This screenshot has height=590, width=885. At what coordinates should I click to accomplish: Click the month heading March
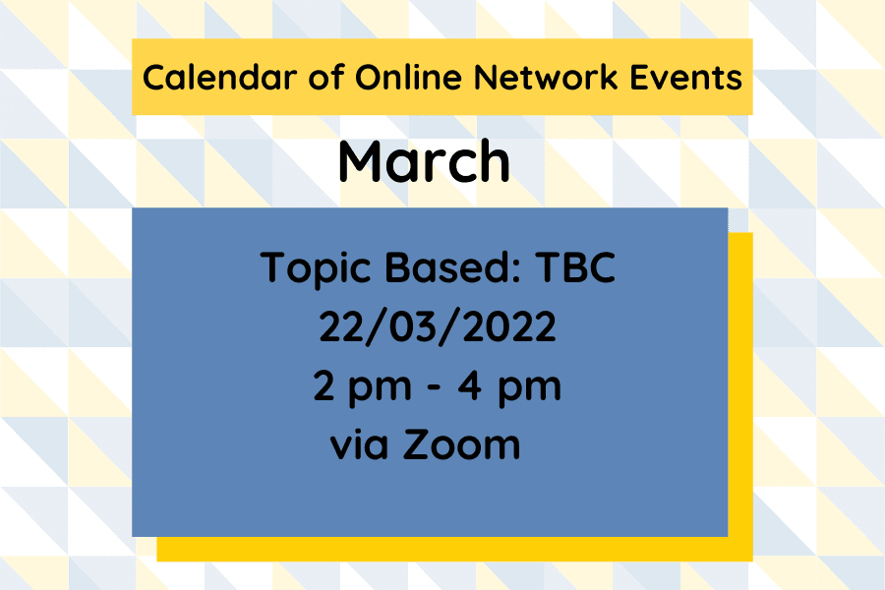[x=424, y=162]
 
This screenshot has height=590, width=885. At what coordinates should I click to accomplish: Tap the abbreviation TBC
[x=575, y=267]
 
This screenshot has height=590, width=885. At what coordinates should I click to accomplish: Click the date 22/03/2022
[x=438, y=327]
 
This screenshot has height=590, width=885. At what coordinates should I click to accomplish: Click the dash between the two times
[x=433, y=386]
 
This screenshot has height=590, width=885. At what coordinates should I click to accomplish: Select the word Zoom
[x=461, y=444]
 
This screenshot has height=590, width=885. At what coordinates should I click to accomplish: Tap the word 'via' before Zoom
[x=361, y=444]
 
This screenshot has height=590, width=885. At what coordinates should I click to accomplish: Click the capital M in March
[x=362, y=162]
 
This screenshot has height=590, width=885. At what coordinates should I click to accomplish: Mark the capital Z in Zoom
[x=417, y=444]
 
